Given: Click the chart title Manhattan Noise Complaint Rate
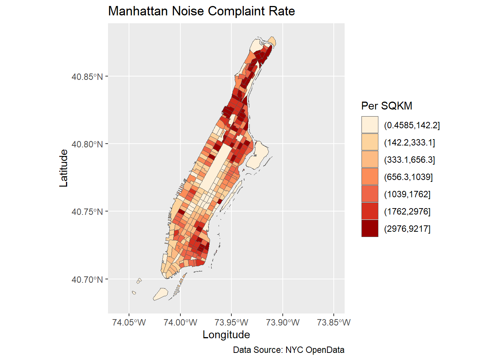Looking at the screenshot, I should pyautogui.click(x=201, y=11).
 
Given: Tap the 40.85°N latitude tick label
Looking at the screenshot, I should pyautogui.click(x=87, y=77).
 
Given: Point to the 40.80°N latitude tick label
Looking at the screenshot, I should pyautogui.click(x=87, y=144).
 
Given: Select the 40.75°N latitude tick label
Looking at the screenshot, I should pyautogui.click(x=87, y=212).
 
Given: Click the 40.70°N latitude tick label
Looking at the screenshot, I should pyautogui.click(x=87, y=280).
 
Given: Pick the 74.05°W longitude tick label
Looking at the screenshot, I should pyautogui.click(x=129, y=322).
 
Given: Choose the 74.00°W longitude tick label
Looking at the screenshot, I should pyautogui.click(x=180, y=322).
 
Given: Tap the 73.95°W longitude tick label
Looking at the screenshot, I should pyautogui.click(x=231, y=322).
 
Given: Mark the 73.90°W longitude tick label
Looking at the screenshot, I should pyautogui.click(x=283, y=322).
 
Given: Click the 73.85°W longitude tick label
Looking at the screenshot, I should pyautogui.click(x=334, y=322).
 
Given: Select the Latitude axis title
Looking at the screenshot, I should pyautogui.click(x=64, y=168).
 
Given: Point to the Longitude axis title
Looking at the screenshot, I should pyautogui.click(x=226, y=334).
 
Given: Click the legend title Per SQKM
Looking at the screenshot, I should pyautogui.click(x=387, y=106).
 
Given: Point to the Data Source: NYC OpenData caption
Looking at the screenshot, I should pyautogui.click(x=288, y=350).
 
